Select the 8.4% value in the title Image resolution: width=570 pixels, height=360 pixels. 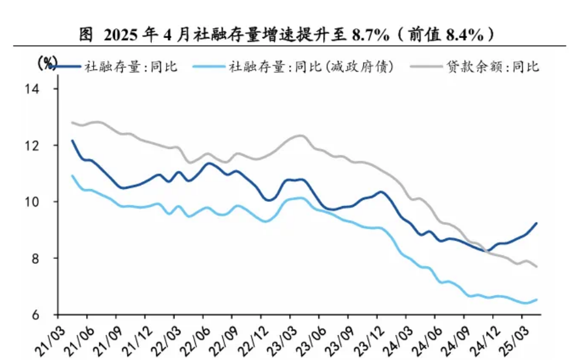(x=465, y=35)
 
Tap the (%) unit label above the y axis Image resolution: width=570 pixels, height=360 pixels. (x=47, y=63)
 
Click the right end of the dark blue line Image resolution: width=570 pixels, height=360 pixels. (x=537, y=223)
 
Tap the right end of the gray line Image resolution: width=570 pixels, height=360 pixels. (x=537, y=267)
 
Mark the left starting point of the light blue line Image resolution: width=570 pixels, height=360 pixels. (x=72, y=176)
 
